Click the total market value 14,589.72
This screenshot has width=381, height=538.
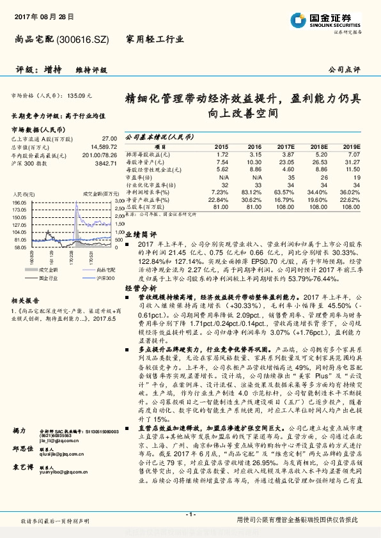pyautogui.click(x=102, y=146)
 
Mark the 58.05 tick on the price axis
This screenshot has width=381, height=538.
pyautogui.click(x=18, y=245)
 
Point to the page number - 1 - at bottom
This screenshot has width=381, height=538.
pyautogui.click(x=190, y=514)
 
